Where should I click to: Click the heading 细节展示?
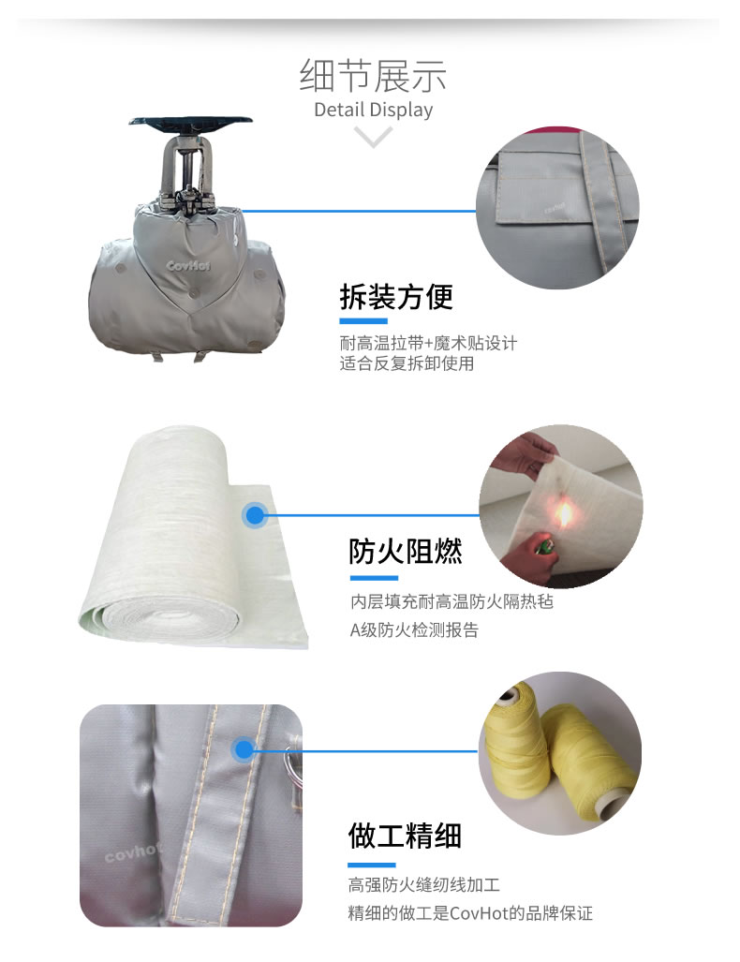pyautogui.click(x=373, y=76)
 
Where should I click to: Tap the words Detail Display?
pyautogui.click(x=373, y=110)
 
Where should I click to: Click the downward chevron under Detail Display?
pyautogui.click(x=373, y=137)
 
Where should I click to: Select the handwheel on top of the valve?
pyautogui.click(x=190, y=120)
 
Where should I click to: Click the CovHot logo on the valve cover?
pyautogui.click(x=188, y=266)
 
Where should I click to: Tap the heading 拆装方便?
pyautogui.click(x=396, y=297)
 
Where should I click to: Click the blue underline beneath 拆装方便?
pyautogui.click(x=363, y=321)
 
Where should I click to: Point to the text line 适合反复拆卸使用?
pyautogui.click(x=407, y=363)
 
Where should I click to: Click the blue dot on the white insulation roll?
pyautogui.click(x=255, y=515)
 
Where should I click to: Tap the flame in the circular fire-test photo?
pyautogui.click(x=564, y=513)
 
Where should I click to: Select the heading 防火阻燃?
pyautogui.click(x=406, y=551)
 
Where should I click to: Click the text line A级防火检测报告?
pyautogui.click(x=414, y=629)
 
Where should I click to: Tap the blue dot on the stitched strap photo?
pyautogui.click(x=244, y=749)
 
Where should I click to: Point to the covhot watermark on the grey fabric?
pyautogui.click(x=133, y=851)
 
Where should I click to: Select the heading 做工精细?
pyautogui.click(x=405, y=836)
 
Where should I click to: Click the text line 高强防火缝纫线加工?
pyautogui.click(x=424, y=884)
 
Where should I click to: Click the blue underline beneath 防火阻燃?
pyautogui.click(x=375, y=578)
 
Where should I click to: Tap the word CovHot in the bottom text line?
pyautogui.click(x=479, y=913)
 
